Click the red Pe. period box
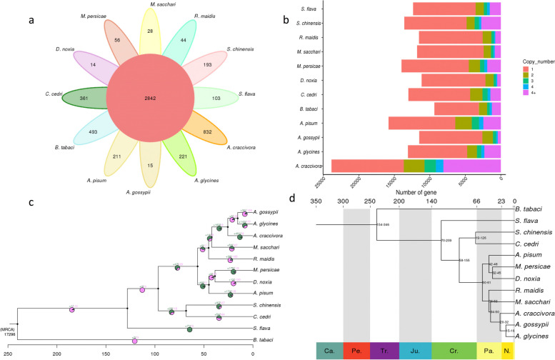click(x=356, y=351)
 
